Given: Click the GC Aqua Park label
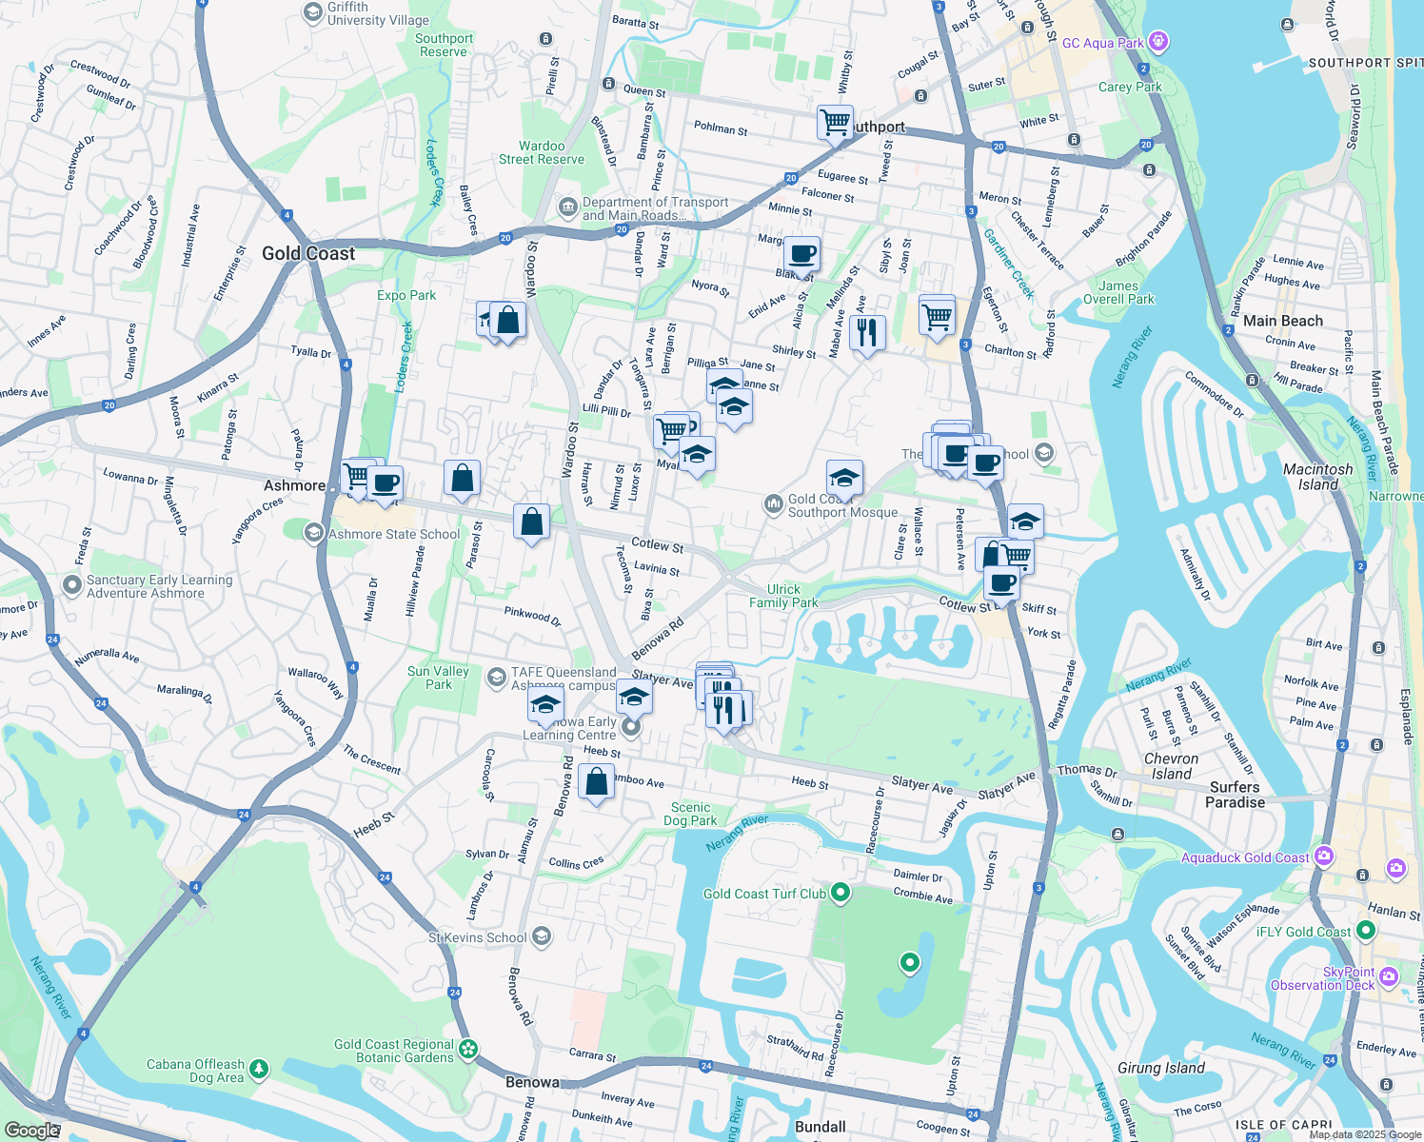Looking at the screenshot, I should point(1102,43).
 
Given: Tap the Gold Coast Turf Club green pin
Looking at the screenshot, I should point(840,893).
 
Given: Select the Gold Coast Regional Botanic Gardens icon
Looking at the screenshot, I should point(467,1049).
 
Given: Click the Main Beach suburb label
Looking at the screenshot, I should point(1282,322).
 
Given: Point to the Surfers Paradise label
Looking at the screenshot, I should point(1235,795).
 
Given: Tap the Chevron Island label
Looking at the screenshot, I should point(1171,766).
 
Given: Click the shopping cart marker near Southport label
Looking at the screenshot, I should point(835,122).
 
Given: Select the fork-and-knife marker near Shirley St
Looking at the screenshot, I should point(866,333).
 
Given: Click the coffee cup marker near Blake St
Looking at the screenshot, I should point(801,254).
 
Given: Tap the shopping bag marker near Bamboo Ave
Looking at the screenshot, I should point(596,783).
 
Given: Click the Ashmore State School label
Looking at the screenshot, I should point(394,535).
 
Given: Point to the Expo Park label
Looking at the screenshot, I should point(406,295).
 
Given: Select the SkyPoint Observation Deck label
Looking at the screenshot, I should point(1322,978).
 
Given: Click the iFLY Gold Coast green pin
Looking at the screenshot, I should point(1366,931).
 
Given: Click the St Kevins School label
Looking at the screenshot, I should point(477,937).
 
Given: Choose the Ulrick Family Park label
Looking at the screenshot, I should point(782,596).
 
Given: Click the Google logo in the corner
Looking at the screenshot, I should point(31,1130).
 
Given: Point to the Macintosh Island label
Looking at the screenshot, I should point(1317,477).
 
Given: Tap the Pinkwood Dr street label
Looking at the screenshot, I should point(532,615).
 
